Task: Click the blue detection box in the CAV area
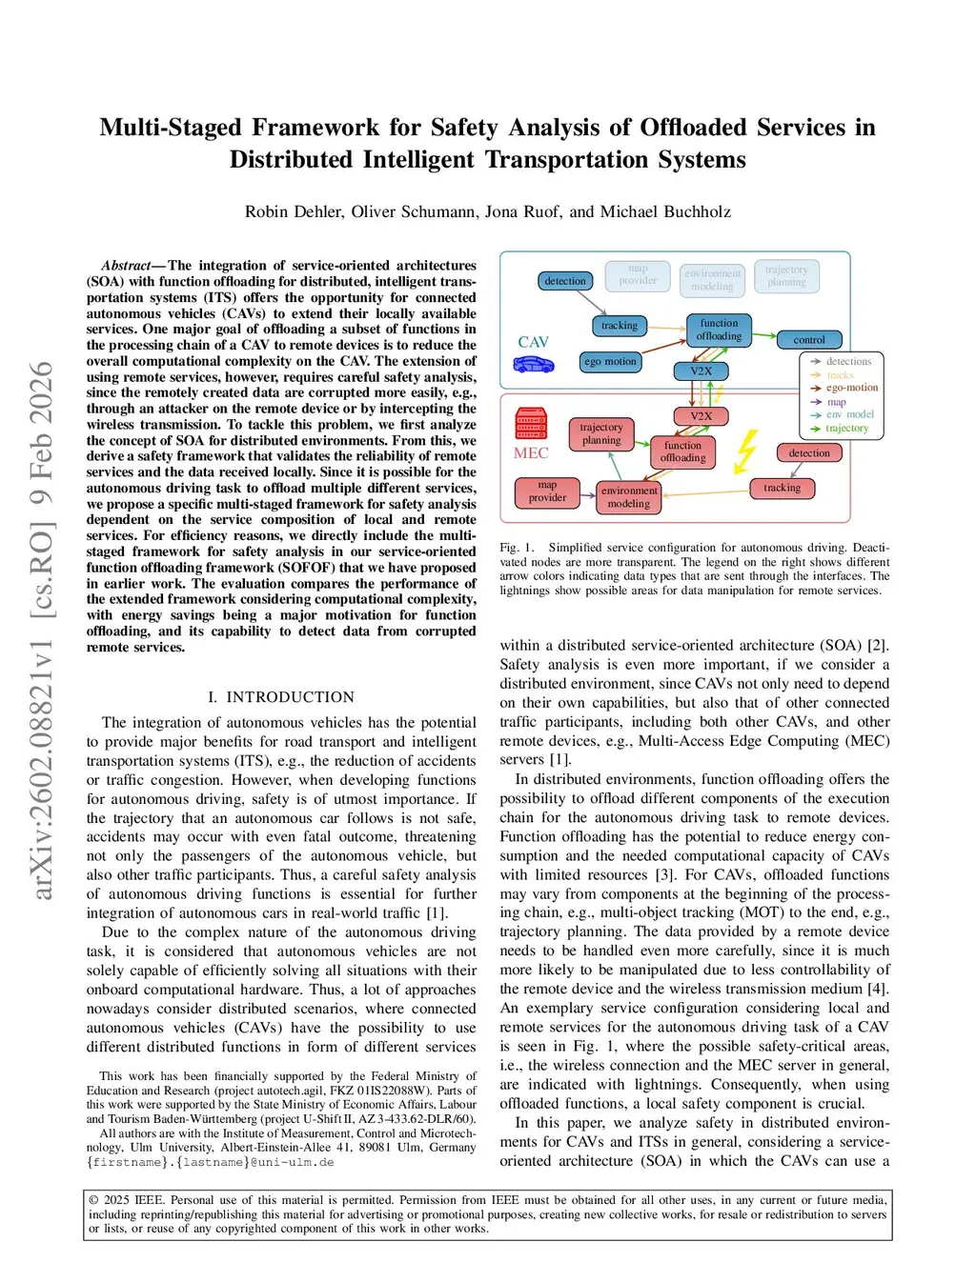pyautogui.click(x=565, y=281)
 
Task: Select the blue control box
pyautogui.click(x=808, y=340)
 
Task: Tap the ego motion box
pyautogui.click(x=611, y=362)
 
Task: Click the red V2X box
pyautogui.click(x=701, y=416)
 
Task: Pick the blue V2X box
pyautogui.click(x=701, y=371)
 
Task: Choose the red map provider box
pyautogui.click(x=547, y=491)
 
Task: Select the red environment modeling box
pyautogui.click(x=629, y=497)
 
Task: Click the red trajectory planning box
pyautogui.click(x=601, y=433)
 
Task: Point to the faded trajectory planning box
pyautogui.click(x=786, y=276)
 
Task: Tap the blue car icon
pyautogui.click(x=534, y=364)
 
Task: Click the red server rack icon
pyautogui.click(x=531, y=424)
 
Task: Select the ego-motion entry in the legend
pyautogui.click(x=851, y=388)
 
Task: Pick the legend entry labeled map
pyautogui.click(x=836, y=402)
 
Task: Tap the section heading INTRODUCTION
pyautogui.click(x=290, y=697)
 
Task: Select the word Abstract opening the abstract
pyautogui.click(x=126, y=266)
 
